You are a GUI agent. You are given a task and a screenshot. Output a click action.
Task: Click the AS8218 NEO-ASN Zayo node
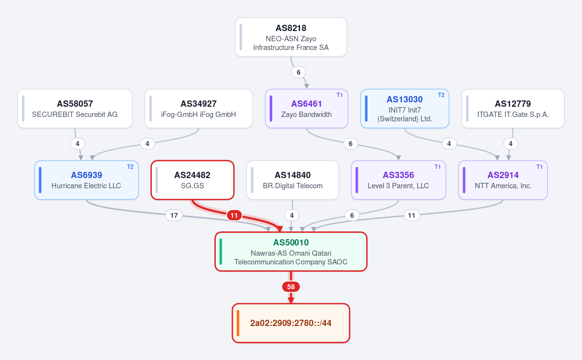click(x=291, y=37)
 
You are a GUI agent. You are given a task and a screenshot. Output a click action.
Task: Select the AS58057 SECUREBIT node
click(x=75, y=109)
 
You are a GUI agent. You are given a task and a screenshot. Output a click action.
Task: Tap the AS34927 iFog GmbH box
click(x=199, y=109)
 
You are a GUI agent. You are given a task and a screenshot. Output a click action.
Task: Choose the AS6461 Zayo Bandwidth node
click(x=307, y=109)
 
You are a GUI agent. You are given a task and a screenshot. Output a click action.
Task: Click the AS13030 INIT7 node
click(x=405, y=109)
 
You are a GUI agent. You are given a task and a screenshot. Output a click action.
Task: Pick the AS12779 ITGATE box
click(x=513, y=109)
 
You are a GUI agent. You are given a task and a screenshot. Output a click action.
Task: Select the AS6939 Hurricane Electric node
click(x=86, y=180)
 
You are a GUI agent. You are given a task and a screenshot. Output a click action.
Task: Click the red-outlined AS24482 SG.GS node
click(x=193, y=180)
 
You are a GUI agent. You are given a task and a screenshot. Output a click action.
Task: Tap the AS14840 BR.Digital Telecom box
click(x=292, y=180)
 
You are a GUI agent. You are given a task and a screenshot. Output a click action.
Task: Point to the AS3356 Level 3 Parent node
click(x=399, y=180)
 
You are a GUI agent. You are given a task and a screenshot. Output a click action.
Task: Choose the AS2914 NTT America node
click(x=503, y=180)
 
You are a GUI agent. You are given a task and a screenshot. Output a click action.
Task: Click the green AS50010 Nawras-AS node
click(x=291, y=252)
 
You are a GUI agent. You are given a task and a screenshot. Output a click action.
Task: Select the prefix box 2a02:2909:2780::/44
click(x=291, y=323)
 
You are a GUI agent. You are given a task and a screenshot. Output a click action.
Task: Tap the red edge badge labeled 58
click(x=291, y=287)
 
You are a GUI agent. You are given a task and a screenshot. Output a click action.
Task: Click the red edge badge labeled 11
click(x=234, y=215)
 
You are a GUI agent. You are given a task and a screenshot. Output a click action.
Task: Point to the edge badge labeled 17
click(x=174, y=215)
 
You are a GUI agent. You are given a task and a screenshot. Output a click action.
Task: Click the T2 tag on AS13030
click(x=441, y=95)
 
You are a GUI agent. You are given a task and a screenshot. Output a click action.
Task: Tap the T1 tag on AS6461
click(x=339, y=95)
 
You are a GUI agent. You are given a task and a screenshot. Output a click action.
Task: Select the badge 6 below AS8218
click(x=299, y=72)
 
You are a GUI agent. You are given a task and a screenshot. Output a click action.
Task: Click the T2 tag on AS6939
click(x=130, y=167)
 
